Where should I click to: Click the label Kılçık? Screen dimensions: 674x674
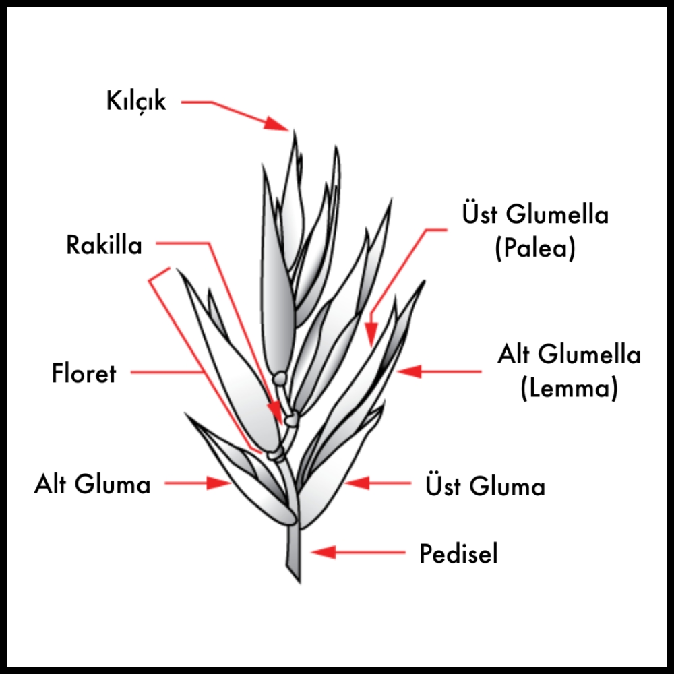pyautogui.click(x=136, y=102)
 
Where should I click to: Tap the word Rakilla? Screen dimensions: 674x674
pyautogui.click(x=104, y=245)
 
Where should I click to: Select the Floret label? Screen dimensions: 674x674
pyautogui.click(x=84, y=373)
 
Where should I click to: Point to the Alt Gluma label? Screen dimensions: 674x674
pyautogui.click(x=92, y=484)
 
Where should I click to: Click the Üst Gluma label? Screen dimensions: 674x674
pyautogui.click(x=485, y=486)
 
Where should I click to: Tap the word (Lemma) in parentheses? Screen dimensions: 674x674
pyautogui.click(x=569, y=389)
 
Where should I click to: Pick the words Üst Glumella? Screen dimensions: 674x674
pyautogui.click(x=535, y=215)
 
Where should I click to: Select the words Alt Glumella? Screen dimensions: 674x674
pyautogui.click(x=569, y=355)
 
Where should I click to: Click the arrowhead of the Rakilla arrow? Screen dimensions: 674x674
pyautogui.click(x=274, y=410)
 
